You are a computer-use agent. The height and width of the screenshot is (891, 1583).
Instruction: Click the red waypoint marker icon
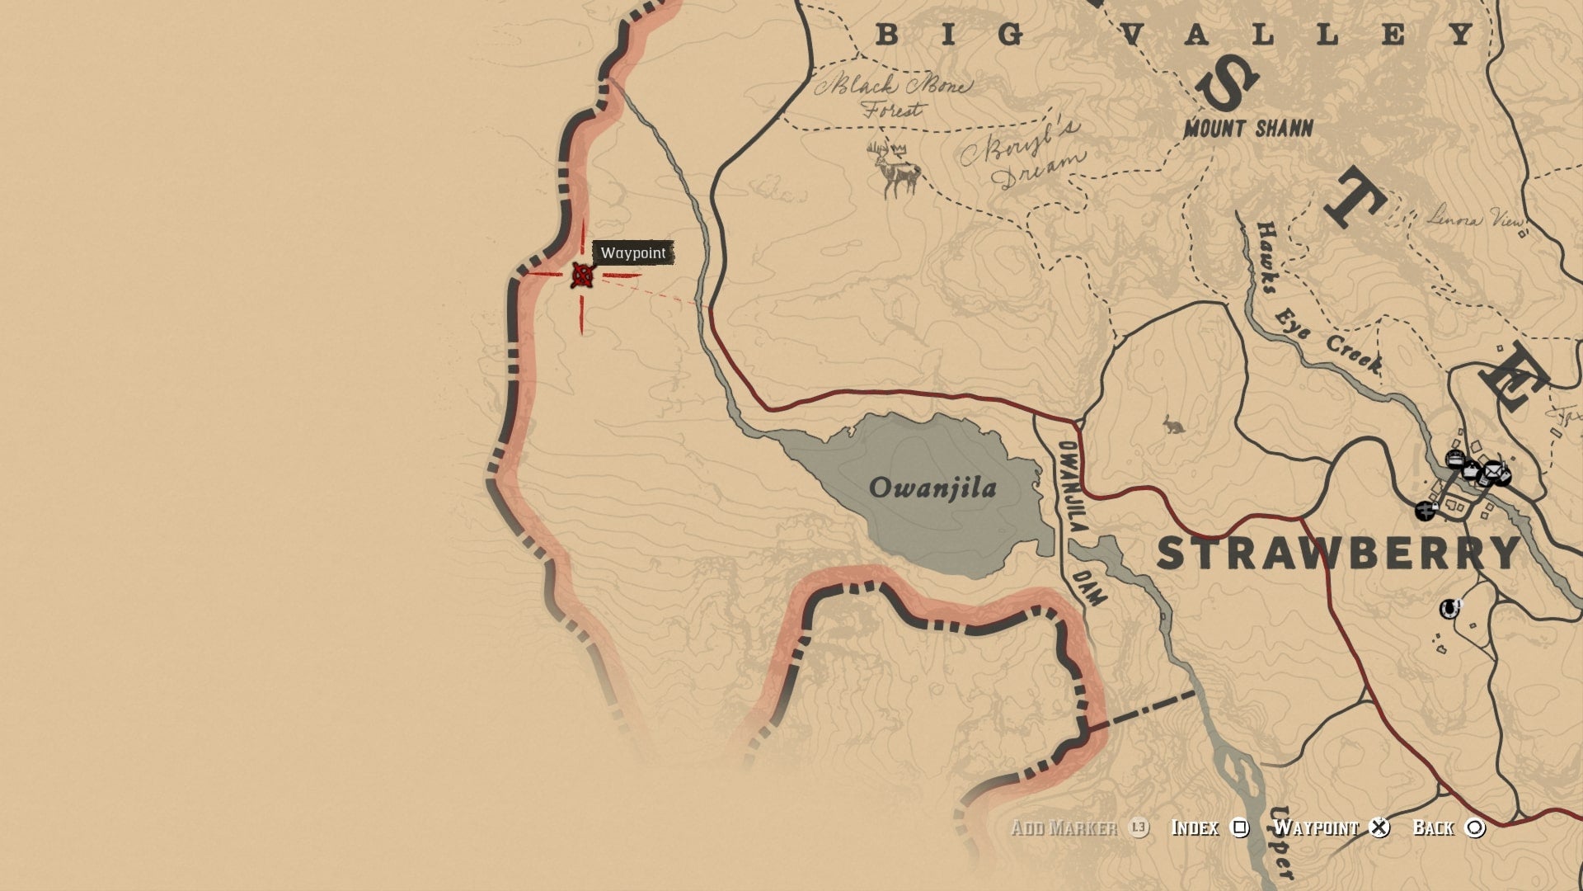582,275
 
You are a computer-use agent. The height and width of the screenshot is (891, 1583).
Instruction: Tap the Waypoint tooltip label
633,252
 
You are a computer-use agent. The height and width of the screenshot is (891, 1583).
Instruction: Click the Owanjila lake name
932,488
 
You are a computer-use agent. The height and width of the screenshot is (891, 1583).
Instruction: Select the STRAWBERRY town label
1338,553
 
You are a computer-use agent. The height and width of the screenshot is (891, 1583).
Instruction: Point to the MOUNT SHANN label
1247,128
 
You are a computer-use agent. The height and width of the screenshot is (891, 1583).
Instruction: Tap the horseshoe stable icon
1449,609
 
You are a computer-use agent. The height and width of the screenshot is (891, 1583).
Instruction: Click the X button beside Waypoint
1379,827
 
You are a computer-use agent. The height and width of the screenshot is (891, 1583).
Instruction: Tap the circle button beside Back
1475,827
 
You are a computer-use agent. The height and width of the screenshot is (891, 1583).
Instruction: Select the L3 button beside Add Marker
1139,827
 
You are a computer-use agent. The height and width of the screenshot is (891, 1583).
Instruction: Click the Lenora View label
1476,219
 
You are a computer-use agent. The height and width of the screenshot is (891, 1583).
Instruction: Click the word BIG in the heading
949,35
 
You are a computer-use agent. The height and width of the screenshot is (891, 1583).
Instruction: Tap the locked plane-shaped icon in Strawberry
1426,511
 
